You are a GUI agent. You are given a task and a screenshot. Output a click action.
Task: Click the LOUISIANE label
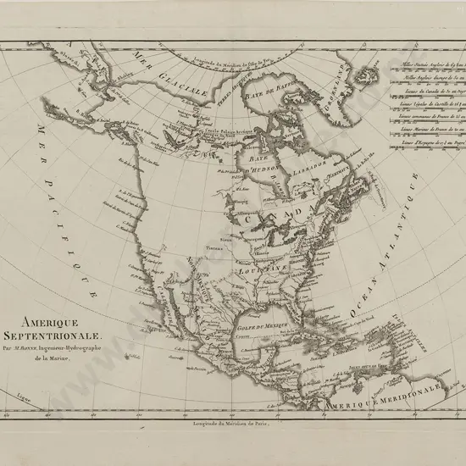tap(259, 269)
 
